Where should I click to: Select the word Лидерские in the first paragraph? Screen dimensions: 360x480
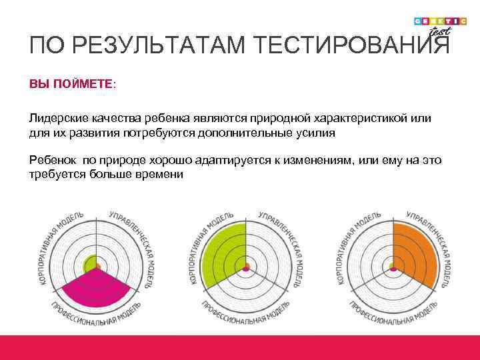tap(55, 118)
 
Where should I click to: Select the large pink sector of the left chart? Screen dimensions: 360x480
tap(97, 293)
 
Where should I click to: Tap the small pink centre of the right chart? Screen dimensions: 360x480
tap(393, 269)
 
